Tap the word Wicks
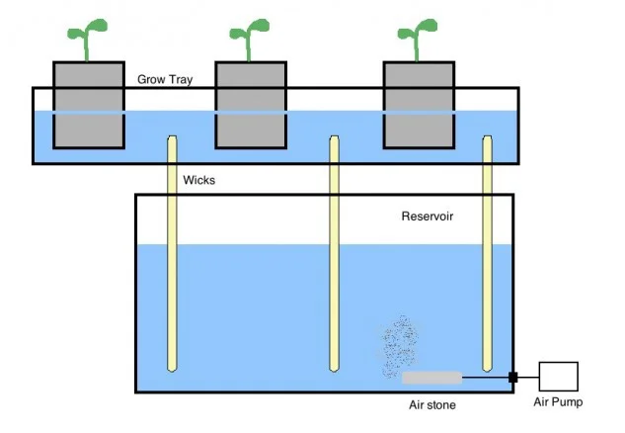pos(198,181)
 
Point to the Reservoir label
pos(428,216)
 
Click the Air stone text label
pos(432,404)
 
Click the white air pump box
pos(558,376)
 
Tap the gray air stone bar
pos(431,377)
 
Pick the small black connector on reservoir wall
pos(513,377)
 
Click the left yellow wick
pos(172,257)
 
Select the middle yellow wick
pos(335,257)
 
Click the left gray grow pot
pos(88,105)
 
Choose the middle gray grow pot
pos(251,105)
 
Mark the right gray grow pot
pos(420,105)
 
